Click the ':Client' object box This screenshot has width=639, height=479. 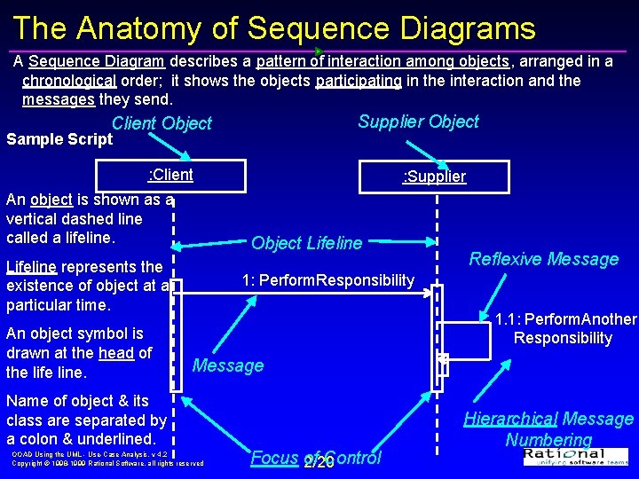(170, 175)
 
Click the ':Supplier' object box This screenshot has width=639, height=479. (434, 177)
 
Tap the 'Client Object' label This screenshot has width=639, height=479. (162, 123)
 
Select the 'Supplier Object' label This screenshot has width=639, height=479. (418, 122)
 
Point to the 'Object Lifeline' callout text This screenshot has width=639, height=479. (306, 243)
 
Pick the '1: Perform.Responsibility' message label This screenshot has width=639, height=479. (327, 280)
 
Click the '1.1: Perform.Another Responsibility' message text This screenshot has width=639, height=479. (565, 328)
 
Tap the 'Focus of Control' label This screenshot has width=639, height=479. (315, 458)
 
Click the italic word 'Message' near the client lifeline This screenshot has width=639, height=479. (228, 365)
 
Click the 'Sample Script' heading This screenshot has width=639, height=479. (59, 139)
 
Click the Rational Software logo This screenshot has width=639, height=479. (576, 456)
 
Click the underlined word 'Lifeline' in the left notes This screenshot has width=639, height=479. (31, 266)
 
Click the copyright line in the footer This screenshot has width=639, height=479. (107, 463)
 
